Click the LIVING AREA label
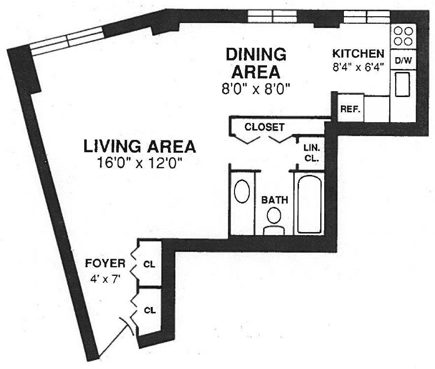pos(139,146)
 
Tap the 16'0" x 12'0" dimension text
pos(139,163)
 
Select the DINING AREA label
pos(256,63)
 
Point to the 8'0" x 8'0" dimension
pos(256,89)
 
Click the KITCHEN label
pos(359,53)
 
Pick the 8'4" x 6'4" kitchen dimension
pos(359,67)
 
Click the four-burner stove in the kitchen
pos(403,36)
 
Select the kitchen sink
pos(402,84)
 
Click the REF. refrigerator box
pos(351,108)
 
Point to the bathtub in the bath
pos(309,204)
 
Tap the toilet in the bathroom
pos(274,221)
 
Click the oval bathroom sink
pos(242,191)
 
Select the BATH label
pos(275,200)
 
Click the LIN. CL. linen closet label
pos(311,153)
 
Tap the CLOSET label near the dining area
pos(265,127)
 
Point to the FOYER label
pos(105,263)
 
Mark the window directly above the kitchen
pos(367,17)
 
